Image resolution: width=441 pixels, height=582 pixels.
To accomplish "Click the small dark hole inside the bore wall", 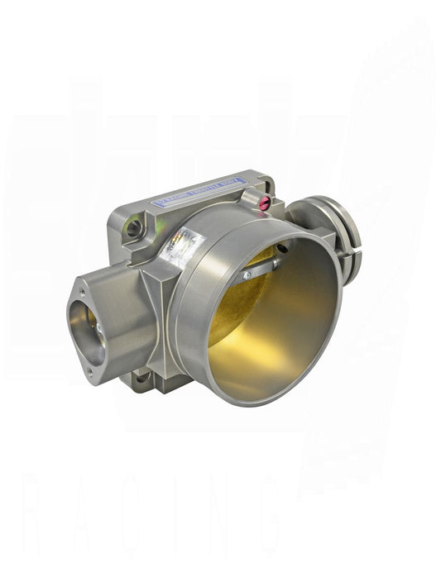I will click(x=282, y=247).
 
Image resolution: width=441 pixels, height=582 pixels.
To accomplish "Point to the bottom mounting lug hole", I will click(x=144, y=379).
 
